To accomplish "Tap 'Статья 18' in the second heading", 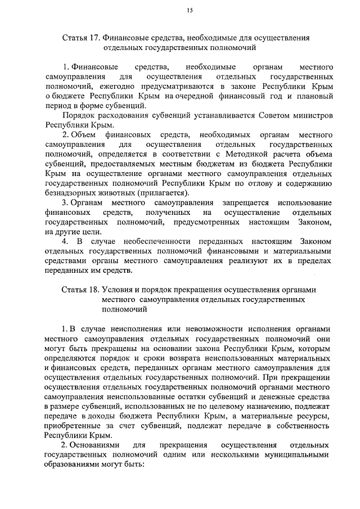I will [x=79, y=289].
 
